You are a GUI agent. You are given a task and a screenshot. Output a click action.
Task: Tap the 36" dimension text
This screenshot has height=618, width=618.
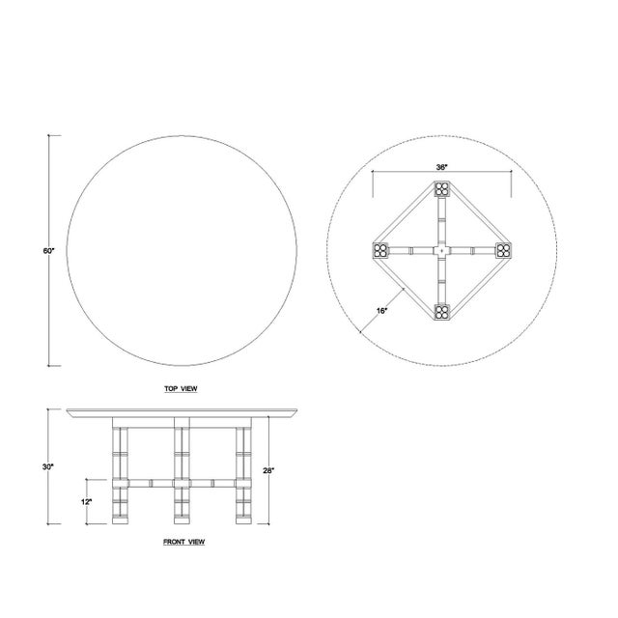[x=441, y=167]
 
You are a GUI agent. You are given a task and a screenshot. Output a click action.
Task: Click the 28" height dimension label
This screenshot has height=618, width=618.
[x=269, y=471]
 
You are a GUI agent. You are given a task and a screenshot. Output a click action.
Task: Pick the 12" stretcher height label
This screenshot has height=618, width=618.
[x=86, y=502]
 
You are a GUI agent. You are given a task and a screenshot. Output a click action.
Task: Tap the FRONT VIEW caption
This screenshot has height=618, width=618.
[x=183, y=542]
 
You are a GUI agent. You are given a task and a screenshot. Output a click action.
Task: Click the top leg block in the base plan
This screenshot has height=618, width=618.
[x=441, y=191]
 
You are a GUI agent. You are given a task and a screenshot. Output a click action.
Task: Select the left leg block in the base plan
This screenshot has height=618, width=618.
[x=380, y=251]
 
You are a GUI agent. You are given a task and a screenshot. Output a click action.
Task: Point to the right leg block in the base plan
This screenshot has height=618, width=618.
[x=502, y=251]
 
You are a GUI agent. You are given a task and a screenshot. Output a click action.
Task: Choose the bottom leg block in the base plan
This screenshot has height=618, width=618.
[x=441, y=311]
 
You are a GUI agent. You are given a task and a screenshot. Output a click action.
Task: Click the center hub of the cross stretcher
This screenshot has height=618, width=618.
[x=441, y=251]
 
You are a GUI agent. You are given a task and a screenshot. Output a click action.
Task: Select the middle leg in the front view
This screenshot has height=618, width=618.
[x=181, y=473]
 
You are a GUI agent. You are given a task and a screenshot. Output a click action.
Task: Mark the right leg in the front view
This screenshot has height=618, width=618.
[x=241, y=473]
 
